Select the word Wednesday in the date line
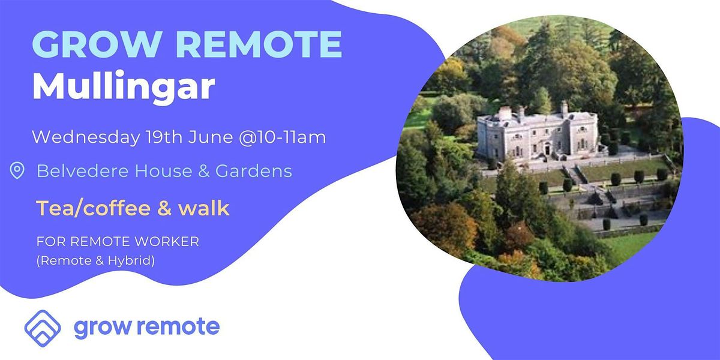[x=84, y=137]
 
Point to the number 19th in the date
[x=163, y=137]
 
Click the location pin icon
[x=17, y=172]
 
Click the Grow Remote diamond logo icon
[x=43, y=327]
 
